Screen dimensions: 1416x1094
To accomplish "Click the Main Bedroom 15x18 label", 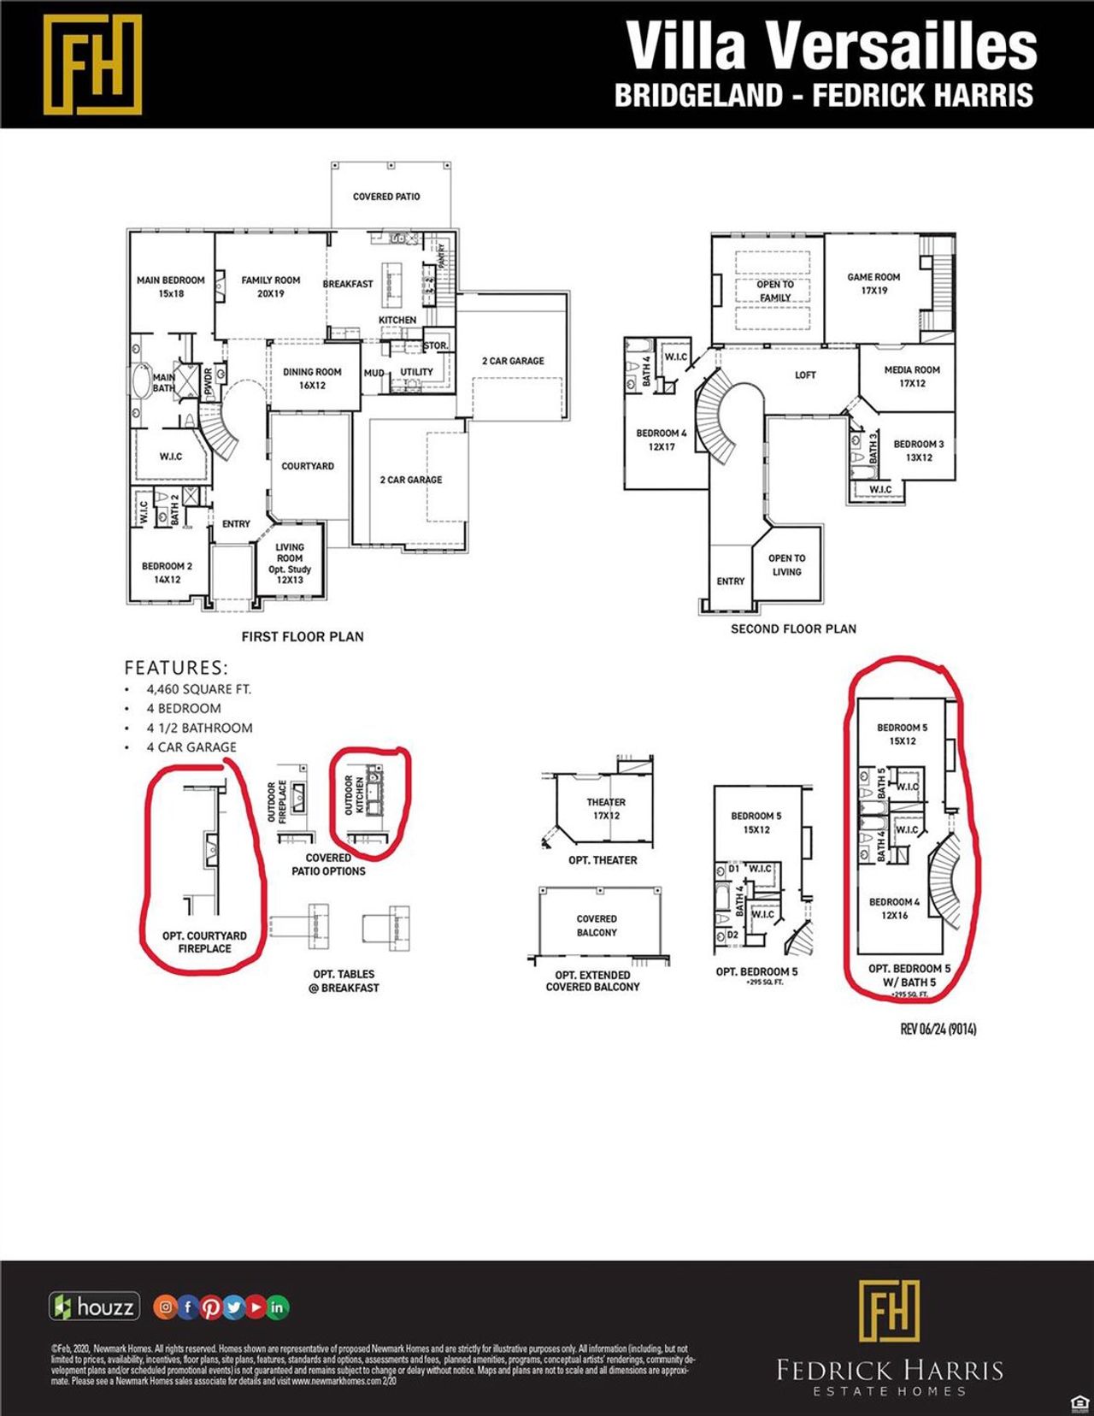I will [x=171, y=286].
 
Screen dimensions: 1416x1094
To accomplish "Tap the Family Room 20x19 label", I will [x=270, y=286].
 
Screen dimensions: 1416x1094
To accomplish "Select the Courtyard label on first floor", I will [x=308, y=466].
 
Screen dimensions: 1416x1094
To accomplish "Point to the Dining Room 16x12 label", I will [x=312, y=379].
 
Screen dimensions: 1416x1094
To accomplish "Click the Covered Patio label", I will [x=386, y=197].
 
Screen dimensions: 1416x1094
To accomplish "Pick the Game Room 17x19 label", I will [x=873, y=284].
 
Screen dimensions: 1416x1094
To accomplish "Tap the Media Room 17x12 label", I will [x=912, y=376].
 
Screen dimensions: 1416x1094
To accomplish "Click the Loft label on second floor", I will [x=805, y=375].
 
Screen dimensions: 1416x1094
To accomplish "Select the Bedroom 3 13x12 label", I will [x=919, y=451].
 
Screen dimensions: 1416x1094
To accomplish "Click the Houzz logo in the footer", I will [x=94, y=1307].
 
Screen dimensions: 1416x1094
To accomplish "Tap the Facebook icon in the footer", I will [x=188, y=1307].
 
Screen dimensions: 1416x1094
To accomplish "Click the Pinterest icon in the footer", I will [x=210, y=1307].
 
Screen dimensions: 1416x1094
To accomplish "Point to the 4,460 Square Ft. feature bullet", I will [x=198, y=689].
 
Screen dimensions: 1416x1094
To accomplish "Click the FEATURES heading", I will [x=176, y=668].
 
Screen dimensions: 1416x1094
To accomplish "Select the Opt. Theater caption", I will [x=603, y=860].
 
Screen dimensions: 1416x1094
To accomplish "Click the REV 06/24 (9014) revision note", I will [x=938, y=1029].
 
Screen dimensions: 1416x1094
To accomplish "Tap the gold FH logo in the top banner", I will [x=92, y=64].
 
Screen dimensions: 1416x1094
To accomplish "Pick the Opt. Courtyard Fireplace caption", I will [x=204, y=942].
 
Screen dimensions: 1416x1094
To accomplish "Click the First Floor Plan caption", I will [x=303, y=637].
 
